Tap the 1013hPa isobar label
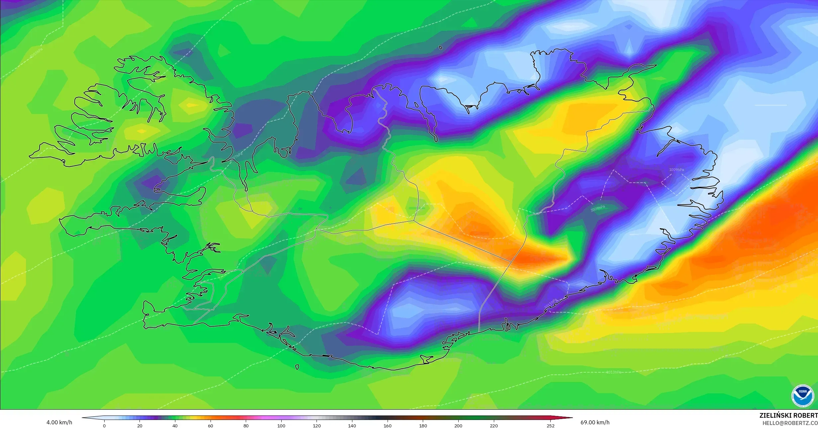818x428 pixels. point(614,372)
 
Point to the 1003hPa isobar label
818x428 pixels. point(36,53)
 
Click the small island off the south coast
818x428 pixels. point(297,367)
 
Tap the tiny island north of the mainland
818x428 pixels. point(441,48)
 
